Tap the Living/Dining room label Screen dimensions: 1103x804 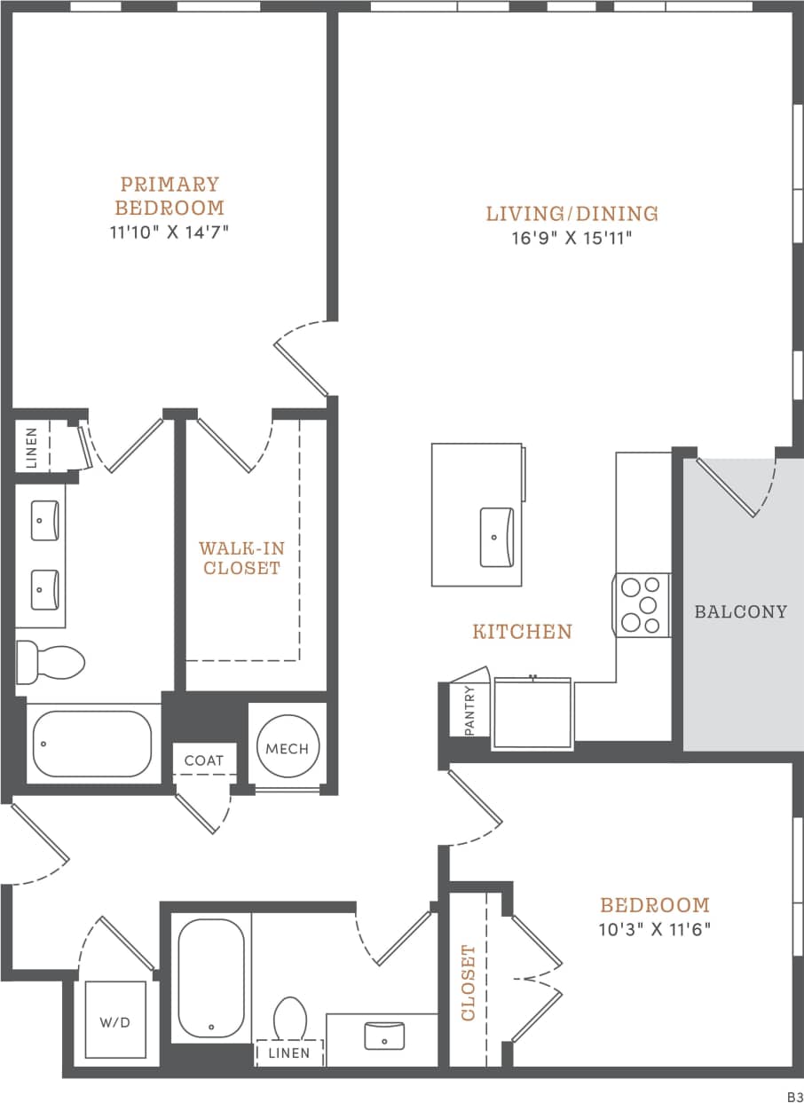coord(572,214)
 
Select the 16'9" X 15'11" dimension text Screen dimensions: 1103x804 coord(572,239)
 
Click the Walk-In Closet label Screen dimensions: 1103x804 coord(241,558)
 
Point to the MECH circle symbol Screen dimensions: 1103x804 coord(288,748)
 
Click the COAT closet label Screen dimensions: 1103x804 coord(204,760)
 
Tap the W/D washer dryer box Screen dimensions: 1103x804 coord(114,1020)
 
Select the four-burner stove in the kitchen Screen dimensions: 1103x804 coord(643,604)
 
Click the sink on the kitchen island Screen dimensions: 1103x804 coord(497,537)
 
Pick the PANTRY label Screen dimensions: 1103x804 coord(469,709)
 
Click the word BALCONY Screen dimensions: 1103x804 coord(741,611)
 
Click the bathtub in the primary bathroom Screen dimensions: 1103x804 coord(92,744)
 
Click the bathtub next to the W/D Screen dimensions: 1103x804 coord(211,976)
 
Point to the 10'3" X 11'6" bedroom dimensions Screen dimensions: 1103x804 coord(656,929)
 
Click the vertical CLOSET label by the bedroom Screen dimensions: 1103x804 coord(469,982)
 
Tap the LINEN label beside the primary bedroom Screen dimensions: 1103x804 coord(31,448)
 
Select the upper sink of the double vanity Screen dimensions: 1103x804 coord(45,520)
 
